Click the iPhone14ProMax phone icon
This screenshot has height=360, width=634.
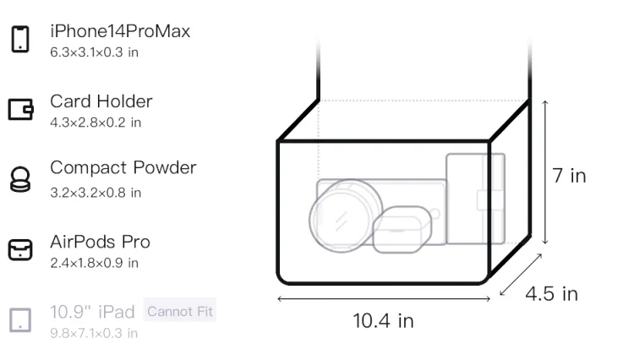(20, 39)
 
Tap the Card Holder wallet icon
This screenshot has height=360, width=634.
(20, 109)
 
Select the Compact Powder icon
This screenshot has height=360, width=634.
(19, 179)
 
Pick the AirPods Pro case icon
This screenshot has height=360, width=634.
(20, 249)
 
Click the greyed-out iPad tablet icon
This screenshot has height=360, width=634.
(20, 320)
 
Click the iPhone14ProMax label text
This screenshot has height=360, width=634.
(120, 31)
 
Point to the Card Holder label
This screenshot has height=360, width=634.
(101, 101)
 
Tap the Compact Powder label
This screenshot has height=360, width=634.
(123, 167)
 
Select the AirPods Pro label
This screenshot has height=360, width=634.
(101, 242)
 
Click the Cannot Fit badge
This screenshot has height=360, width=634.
(180, 311)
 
